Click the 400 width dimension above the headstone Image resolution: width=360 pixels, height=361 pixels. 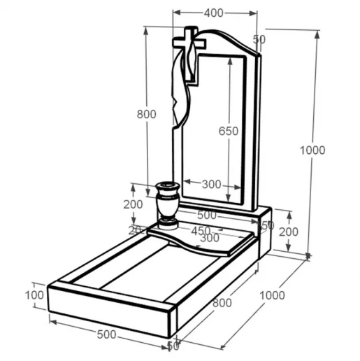pyautogui.click(x=213, y=13)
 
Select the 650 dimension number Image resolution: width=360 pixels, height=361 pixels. pyautogui.click(x=229, y=131)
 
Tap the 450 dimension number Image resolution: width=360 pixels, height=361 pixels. pyautogui.click(x=201, y=231)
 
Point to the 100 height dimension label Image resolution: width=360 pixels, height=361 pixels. pyautogui.click(x=34, y=295)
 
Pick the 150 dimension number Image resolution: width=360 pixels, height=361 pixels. pyautogui.click(x=267, y=225)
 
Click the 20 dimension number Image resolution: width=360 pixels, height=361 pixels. pyautogui.click(x=135, y=230)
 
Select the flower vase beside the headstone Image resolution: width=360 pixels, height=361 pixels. pyautogui.click(x=168, y=206)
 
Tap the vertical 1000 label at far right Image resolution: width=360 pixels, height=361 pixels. pyautogui.click(x=312, y=150)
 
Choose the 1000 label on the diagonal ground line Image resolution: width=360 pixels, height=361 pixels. pyautogui.click(x=272, y=295)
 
